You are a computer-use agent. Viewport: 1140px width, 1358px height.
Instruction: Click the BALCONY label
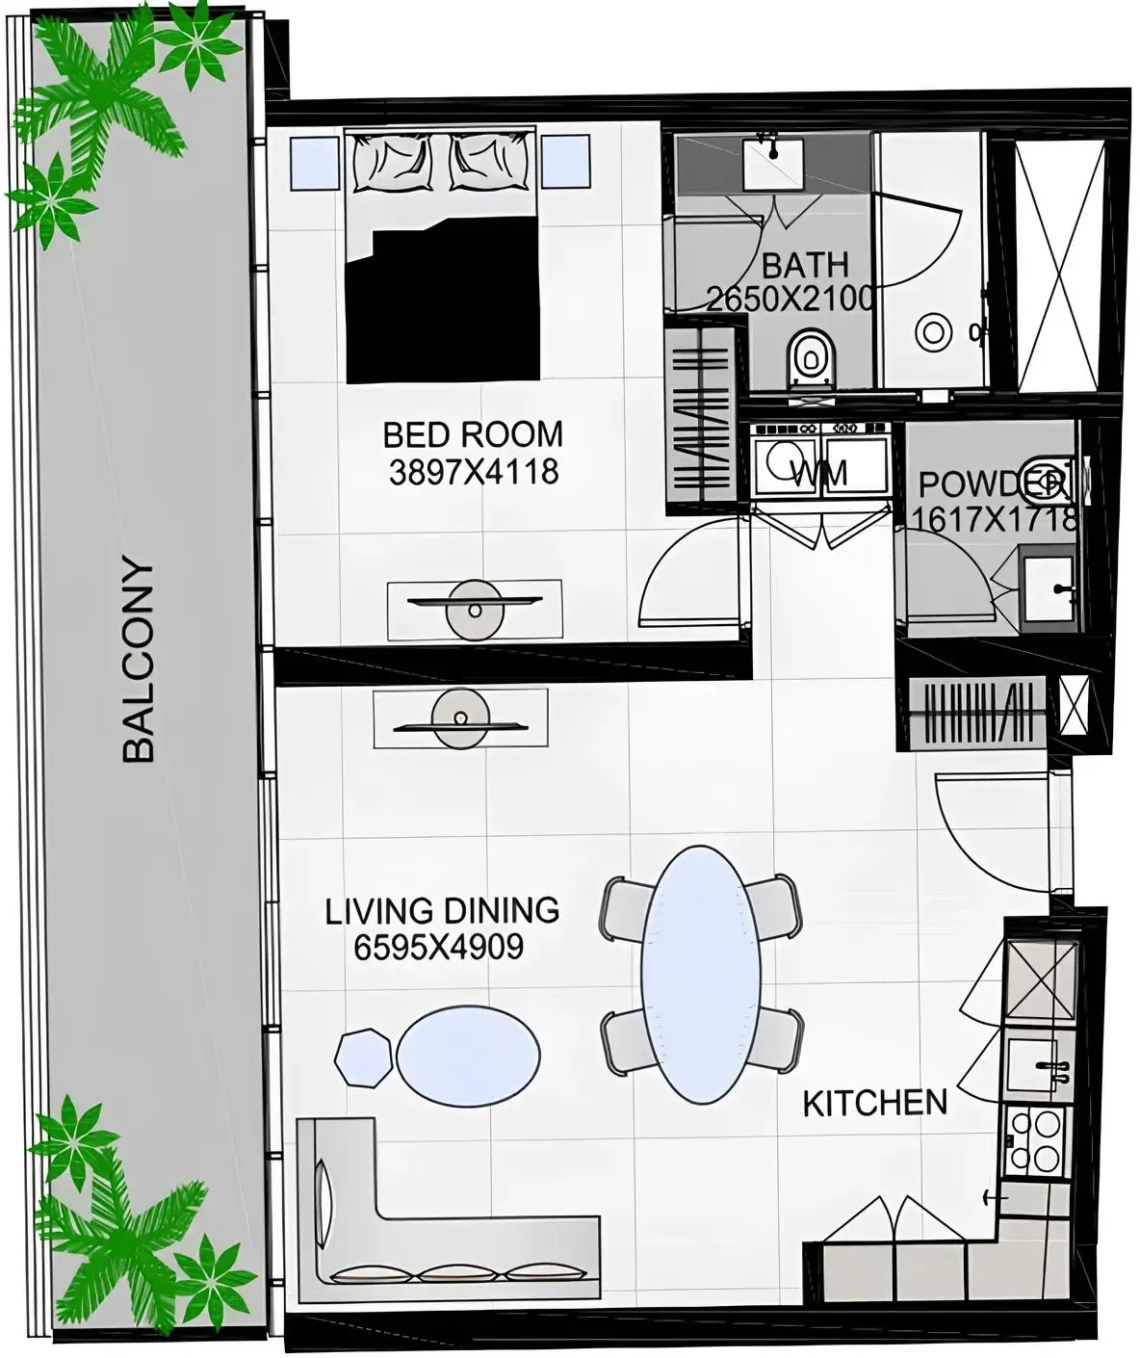pyautogui.click(x=140, y=663)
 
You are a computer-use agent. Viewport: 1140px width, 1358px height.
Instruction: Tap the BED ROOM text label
pyautogui.click(x=473, y=434)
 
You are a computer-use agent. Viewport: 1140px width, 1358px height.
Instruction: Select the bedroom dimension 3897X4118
pyautogui.click(x=473, y=472)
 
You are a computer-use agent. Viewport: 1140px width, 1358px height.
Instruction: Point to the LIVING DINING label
pyautogui.click(x=442, y=910)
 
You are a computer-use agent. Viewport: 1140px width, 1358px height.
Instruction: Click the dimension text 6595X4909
pyautogui.click(x=438, y=948)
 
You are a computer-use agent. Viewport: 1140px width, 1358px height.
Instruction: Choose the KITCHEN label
pyautogui.click(x=874, y=1103)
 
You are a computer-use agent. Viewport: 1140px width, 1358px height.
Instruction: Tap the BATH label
pyautogui.click(x=805, y=263)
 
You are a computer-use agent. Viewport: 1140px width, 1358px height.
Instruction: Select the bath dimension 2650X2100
pyautogui.click(x=790, y=299)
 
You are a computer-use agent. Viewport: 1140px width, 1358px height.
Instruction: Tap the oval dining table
pyautogui.click(x=700, y=974)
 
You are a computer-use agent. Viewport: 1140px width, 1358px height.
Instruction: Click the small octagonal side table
pyautogui.click(x=365, y=1058)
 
